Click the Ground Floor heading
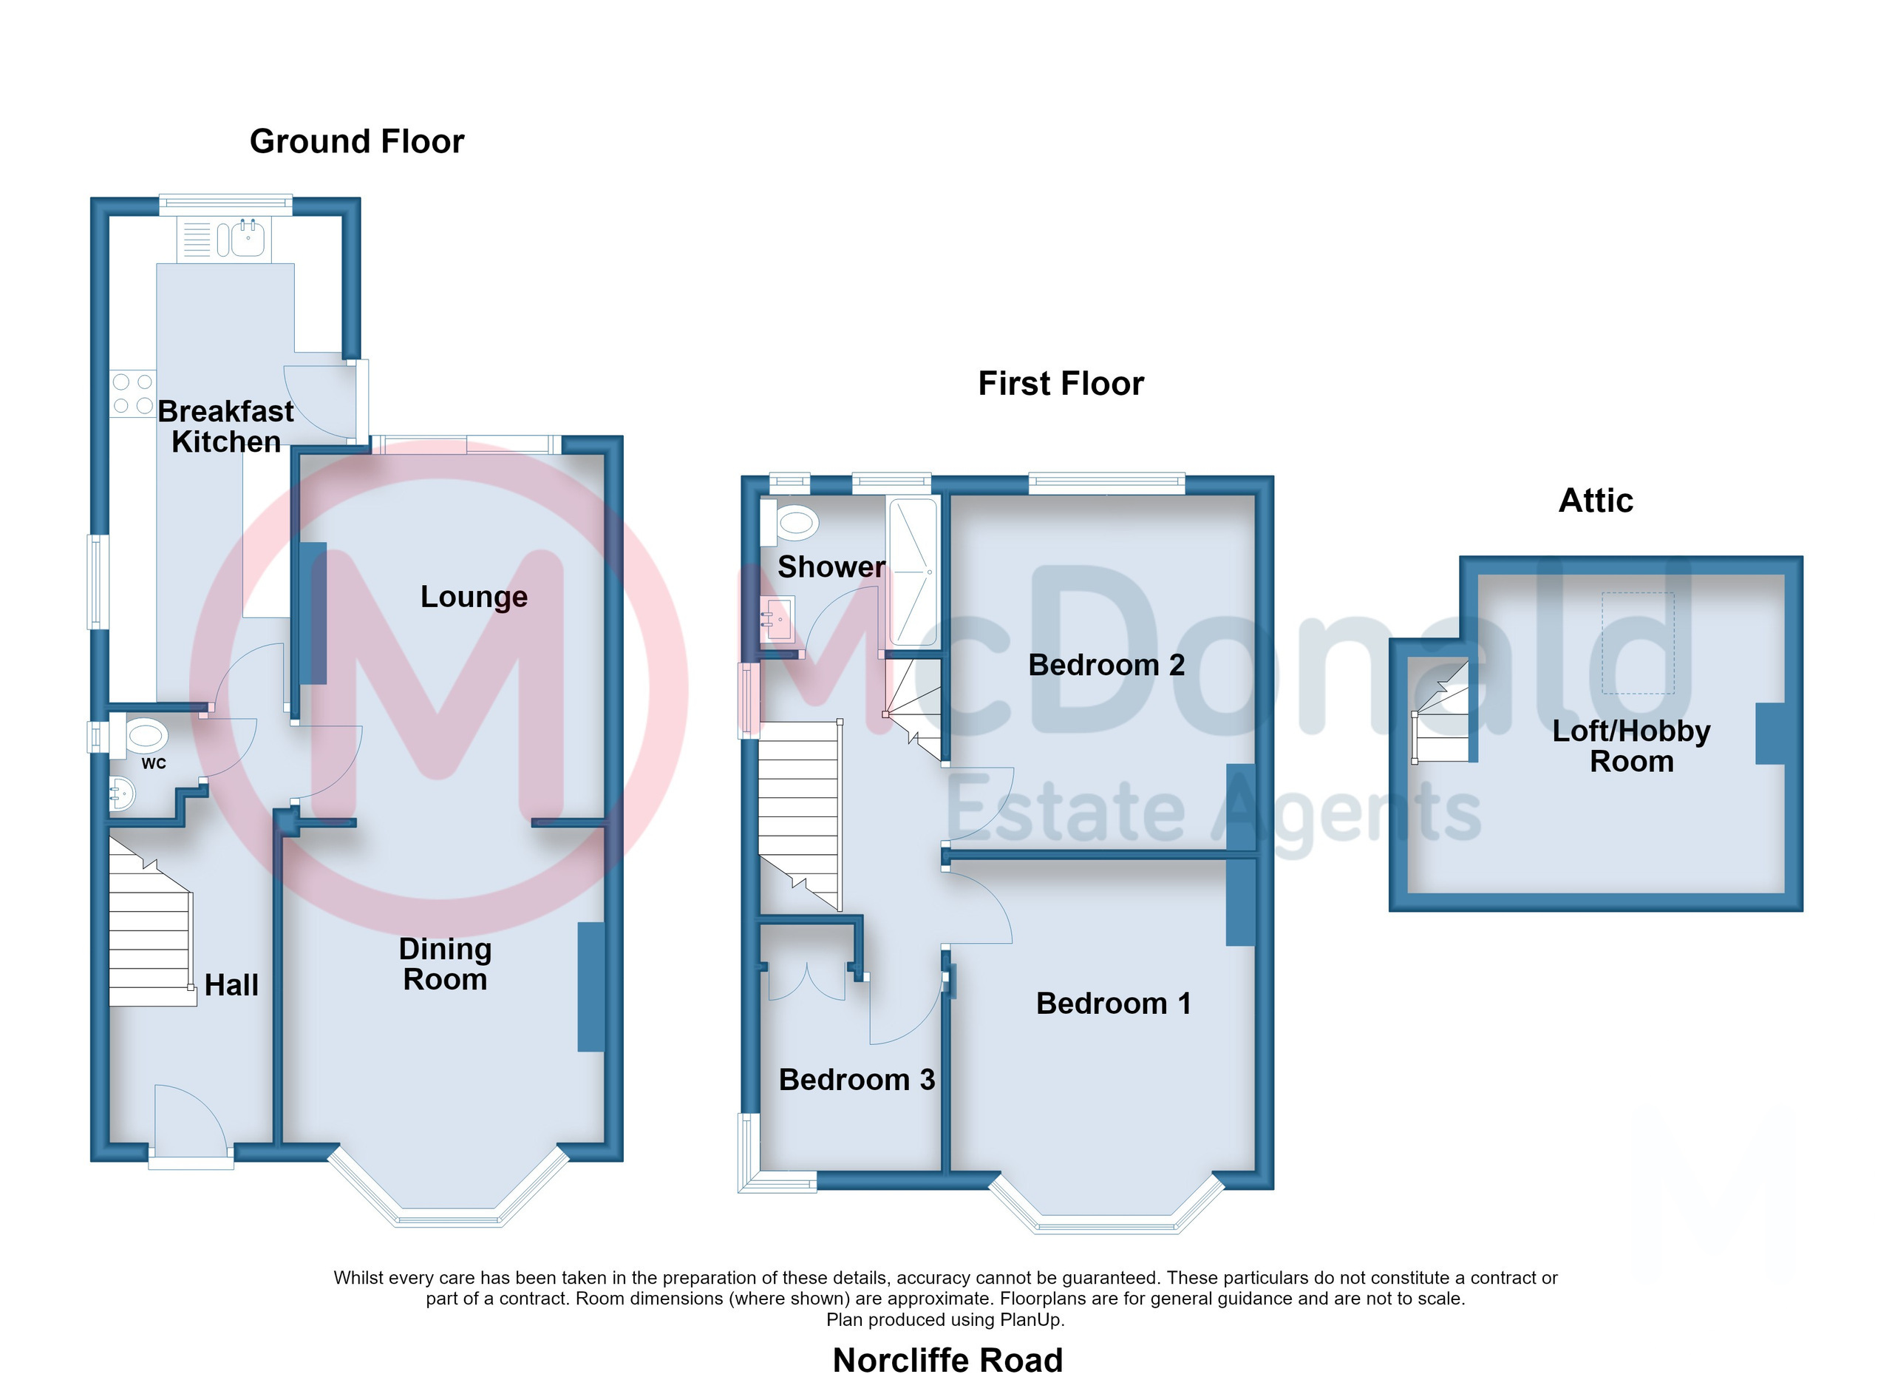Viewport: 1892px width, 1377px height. (x=357, y=142)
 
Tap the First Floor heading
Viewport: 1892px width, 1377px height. (x=1061, y=384)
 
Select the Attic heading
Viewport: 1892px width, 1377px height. (x=1596, y=501)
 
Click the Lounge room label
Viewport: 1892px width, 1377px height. (x=474, y=597)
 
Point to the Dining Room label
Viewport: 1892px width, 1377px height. (x=446, y=964)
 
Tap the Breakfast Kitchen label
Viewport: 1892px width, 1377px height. (x=226, y=427)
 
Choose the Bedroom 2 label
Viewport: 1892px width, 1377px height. (x=1106, y=665)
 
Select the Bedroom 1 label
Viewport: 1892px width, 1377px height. (x=1114, y=1003)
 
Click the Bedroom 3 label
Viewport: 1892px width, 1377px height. (x=857, y=1080)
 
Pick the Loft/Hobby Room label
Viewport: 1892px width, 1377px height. (x=1632, y=746)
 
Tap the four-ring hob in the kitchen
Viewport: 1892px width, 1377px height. (x=132, y=394)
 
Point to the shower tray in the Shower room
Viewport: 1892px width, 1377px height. (x=914, y=572)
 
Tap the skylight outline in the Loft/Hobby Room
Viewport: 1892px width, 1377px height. (x=1638, y=643)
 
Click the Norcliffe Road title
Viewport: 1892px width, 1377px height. (x=947, y=1359)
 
